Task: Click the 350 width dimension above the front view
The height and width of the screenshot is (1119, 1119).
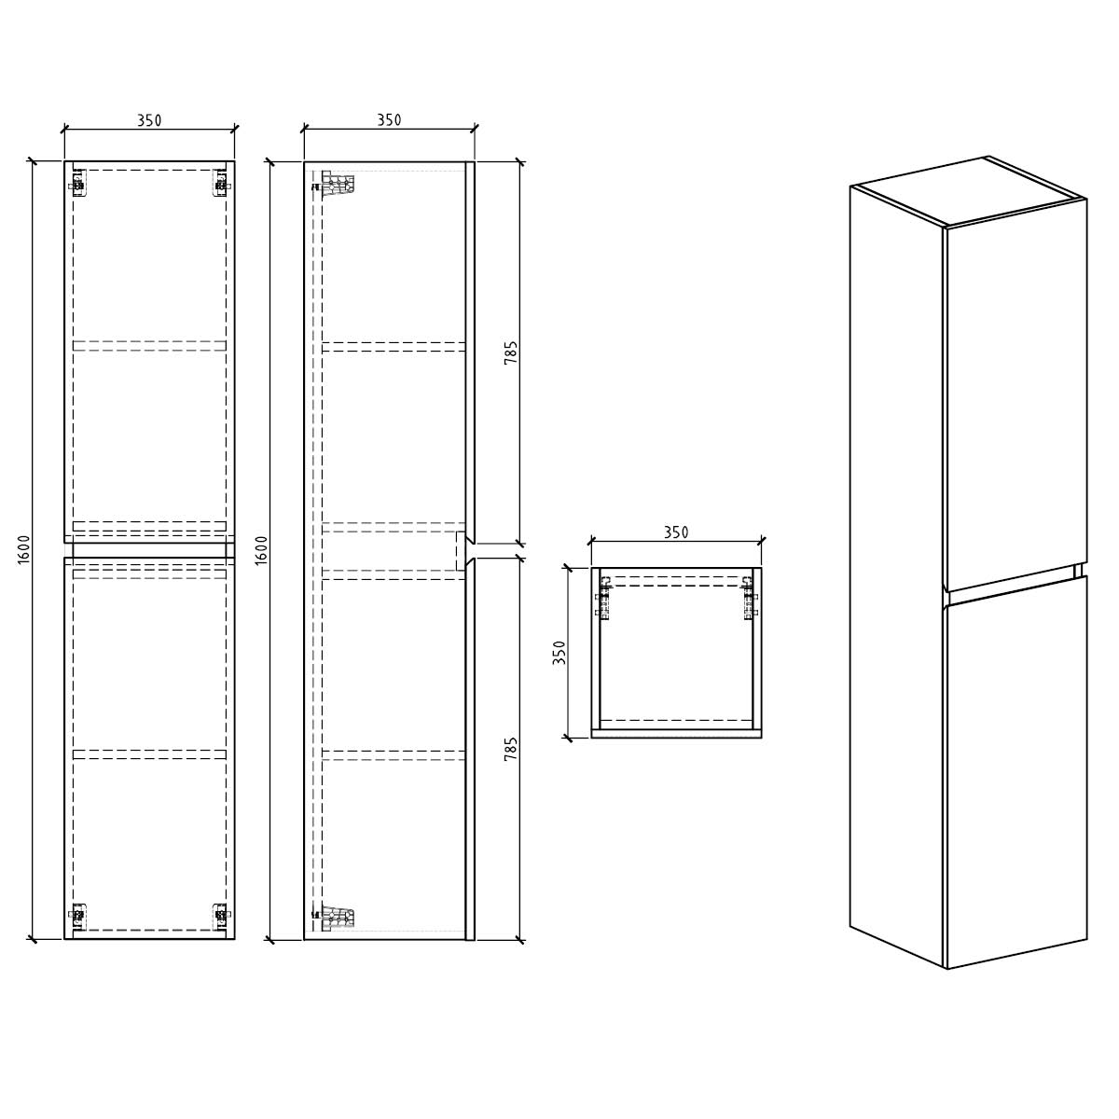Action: [x=149, y=120]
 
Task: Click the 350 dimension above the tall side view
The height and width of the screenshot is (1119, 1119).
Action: [x=389, y=119]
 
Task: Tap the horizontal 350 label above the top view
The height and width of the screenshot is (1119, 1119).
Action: [x=676, y=532]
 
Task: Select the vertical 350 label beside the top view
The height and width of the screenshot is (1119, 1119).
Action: [x=559, y=653]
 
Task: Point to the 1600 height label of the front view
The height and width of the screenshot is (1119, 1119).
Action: [x=24, y=548]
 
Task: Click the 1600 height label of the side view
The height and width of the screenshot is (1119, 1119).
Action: [x=261, y=548]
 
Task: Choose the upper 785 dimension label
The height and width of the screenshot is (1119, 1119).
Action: [x=510, y=352]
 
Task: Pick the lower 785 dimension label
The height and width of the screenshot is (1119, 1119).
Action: [x=510, y=749]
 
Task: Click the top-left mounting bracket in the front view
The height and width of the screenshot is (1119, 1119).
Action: [x=77, y=183]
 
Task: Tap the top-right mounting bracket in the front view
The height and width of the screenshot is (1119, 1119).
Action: [x=221, y=183]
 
